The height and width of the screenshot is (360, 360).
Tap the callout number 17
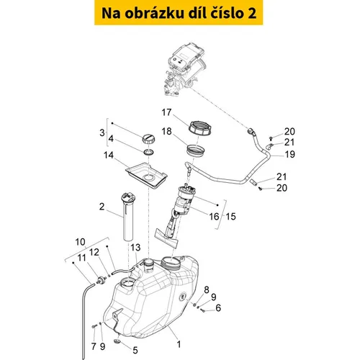[166, 112]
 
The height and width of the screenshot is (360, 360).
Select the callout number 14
[109, 155]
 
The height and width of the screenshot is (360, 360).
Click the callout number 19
[289, 154]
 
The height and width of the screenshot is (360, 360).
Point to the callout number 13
[135, 248]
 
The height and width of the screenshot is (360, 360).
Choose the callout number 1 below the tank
[179, 344]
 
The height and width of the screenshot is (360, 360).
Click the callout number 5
[135, 350]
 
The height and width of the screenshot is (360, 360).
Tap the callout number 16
[214, 217]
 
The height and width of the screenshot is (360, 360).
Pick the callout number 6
[218, 307]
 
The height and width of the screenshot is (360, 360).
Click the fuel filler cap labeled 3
[148, 139]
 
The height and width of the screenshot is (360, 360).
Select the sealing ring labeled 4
[149, 152]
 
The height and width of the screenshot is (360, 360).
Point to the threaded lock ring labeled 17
[200, 127]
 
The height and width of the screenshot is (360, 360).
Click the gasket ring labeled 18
[196, 150]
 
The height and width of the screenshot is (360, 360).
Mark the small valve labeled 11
[102, 280]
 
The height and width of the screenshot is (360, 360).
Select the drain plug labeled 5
[117, 341]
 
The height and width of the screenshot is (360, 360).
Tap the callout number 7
[94, 346]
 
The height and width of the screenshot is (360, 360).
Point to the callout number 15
[230, 217]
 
